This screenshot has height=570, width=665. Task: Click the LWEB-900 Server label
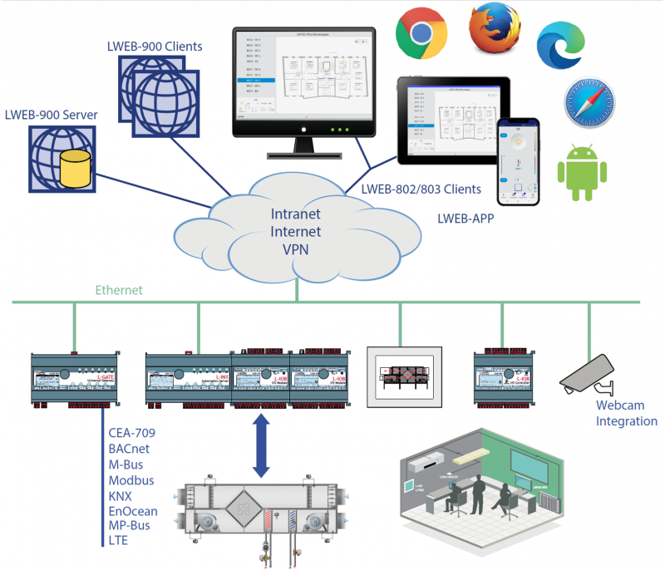point(51,114)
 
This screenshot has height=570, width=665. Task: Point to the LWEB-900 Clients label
point(155,47)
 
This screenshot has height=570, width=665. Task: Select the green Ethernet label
point(119,290)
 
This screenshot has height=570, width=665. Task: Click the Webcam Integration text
point(626,414)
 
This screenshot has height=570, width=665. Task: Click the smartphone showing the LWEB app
point(518,160)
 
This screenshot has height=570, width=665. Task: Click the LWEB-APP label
point(470,219)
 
